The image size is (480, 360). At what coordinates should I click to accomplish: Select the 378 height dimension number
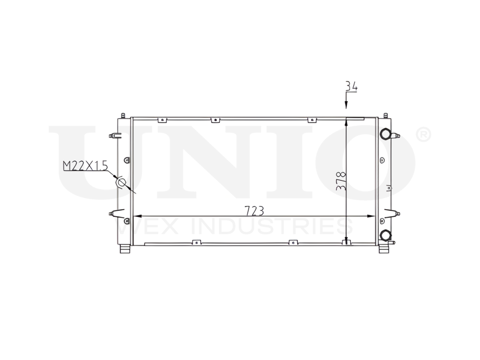(341, 181)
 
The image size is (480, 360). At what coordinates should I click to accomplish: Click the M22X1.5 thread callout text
(84, 167)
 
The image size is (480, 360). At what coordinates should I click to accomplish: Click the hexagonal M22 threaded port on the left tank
(121, 182)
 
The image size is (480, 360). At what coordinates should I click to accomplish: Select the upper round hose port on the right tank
(385, 133)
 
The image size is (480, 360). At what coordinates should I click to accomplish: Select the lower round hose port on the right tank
(385, 235)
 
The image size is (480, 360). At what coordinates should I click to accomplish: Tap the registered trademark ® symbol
(424, 135)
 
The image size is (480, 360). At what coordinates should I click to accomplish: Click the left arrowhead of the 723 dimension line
(135, 216)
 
